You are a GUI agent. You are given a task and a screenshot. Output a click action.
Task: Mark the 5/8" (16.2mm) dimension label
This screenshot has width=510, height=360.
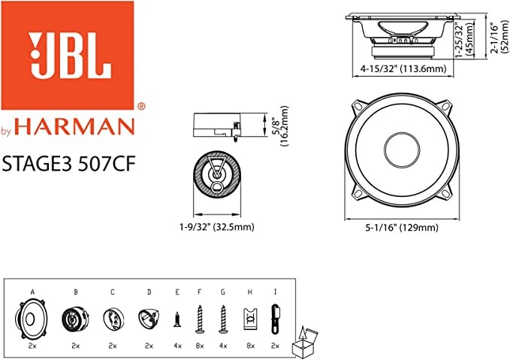pyautogui.click(x=279, y=128)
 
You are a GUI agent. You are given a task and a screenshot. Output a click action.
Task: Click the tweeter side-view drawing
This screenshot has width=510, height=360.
pyautogui.click(x=216, y=126)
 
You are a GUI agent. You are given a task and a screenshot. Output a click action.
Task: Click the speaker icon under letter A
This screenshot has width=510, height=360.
pyautogui.click(x=32, y=319)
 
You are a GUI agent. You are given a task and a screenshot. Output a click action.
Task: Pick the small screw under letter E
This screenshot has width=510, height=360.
pyautogui.click(x=177, y=319)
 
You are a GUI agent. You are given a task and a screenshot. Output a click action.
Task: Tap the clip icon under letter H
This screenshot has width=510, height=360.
pyautogui.click(x=249, y=319)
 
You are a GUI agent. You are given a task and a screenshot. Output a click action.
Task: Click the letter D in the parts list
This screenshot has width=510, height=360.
pyautogui.click(x=148, y=290)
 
